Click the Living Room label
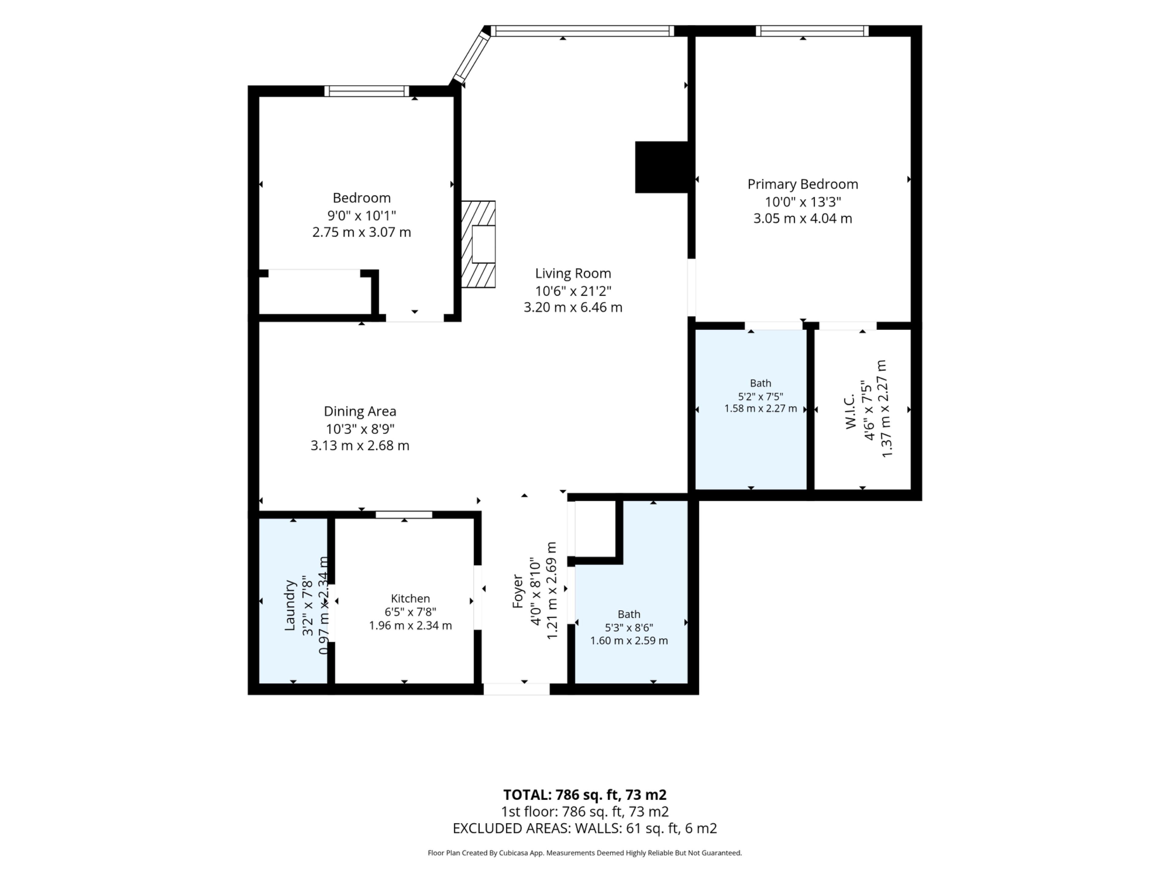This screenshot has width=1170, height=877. point(573,273)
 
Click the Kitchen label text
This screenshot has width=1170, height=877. point(410,598)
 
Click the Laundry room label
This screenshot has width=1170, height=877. point(289,605)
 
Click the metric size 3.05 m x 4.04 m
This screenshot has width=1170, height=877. point(802,218)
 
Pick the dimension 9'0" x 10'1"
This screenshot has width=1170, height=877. point(361,216)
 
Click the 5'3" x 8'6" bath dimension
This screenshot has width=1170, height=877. point(629,628)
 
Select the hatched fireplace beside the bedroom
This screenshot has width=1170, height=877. point(478,244)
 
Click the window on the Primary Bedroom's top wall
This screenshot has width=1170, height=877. point(812,31)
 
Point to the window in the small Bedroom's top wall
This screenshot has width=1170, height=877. point(367,91)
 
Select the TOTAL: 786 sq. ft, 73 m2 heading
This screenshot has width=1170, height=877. point(584,794)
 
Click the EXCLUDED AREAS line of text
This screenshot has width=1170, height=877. point(584,828)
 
